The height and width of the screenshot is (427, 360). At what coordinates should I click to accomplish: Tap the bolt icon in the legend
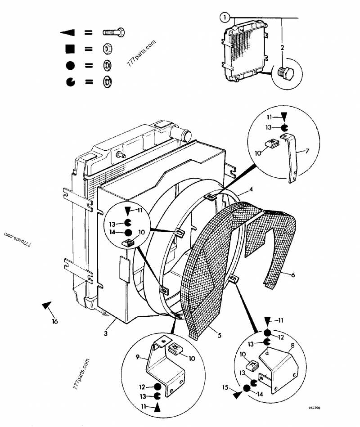113,32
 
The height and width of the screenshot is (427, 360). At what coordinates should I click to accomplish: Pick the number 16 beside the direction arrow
54,321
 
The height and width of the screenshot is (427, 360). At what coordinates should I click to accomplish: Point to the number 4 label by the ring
251,190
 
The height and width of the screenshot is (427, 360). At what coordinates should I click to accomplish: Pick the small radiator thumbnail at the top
244,53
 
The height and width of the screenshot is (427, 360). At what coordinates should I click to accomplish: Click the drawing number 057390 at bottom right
314,408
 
